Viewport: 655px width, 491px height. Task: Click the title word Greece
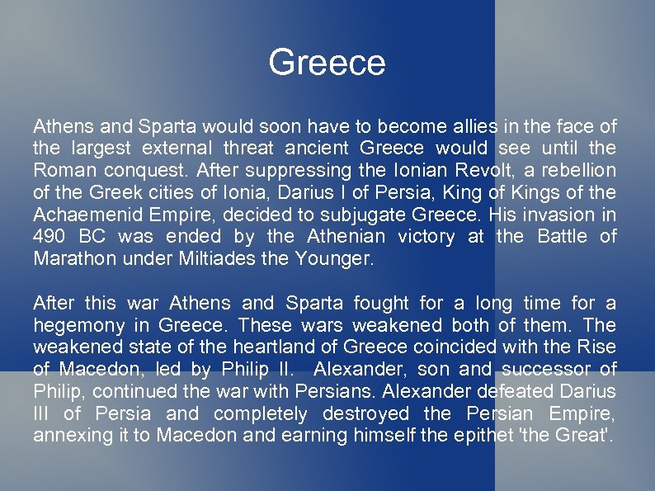tap(327, 63)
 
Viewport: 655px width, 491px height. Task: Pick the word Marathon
tap(70, 259)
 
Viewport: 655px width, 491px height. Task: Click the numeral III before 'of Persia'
tap(41, 413)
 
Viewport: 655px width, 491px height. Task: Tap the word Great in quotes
tap(582, 436)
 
